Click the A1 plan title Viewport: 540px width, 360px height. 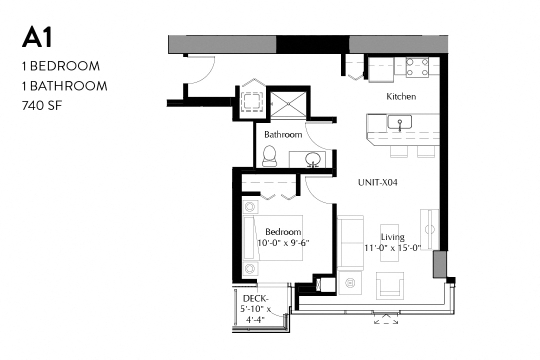(37, 38)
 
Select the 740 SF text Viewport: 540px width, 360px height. (43, 105)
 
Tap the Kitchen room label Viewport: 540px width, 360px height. (401, 96)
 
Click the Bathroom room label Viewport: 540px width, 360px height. (283, 134)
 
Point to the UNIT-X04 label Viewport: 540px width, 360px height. (377, 182)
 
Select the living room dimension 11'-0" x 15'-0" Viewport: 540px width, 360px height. (392, 247)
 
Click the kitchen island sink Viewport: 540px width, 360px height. (399, 122)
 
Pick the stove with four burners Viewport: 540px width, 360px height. (417, 67)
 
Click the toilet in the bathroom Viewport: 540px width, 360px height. (269, 156)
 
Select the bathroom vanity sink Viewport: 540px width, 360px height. (313, 159)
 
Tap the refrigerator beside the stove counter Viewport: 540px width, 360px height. (381, 69)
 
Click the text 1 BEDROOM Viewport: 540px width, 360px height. (60, 66)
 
